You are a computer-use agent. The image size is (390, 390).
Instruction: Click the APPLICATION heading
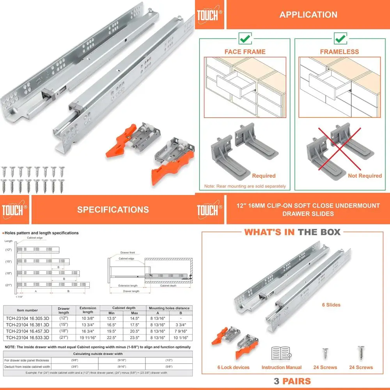click(x=308, y=15)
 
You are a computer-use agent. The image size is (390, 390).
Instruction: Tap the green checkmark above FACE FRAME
click(x=245, y=38)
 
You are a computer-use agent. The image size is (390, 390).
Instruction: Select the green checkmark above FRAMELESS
click(x=340, y=38)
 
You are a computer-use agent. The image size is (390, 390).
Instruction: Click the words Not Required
click(x=365, y=176)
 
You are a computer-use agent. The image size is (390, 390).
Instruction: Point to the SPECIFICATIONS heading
click(x=113, y=209)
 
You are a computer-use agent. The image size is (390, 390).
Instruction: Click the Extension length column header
click(x=88, y=310)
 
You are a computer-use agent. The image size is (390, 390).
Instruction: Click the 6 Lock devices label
click(x=233, y=367)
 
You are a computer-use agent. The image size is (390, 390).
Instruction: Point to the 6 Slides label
click(x=331, y=305)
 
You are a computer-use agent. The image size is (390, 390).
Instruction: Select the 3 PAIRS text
click(x=292, y=381)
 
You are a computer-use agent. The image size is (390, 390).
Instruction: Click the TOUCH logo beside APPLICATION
click(x=209, y=14)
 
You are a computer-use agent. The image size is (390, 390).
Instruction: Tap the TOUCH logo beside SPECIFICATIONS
click(x=14, y=209)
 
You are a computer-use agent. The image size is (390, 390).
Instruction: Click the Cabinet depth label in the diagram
click(x=168, y=285)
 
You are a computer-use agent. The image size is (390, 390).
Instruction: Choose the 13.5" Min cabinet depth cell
click(x=112, y=317)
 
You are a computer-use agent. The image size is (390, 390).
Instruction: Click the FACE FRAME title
click(x=245, y=51)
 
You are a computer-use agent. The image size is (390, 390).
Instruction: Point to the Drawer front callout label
click(x=125, y=253)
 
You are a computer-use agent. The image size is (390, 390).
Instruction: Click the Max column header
click(x=135, y=313)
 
